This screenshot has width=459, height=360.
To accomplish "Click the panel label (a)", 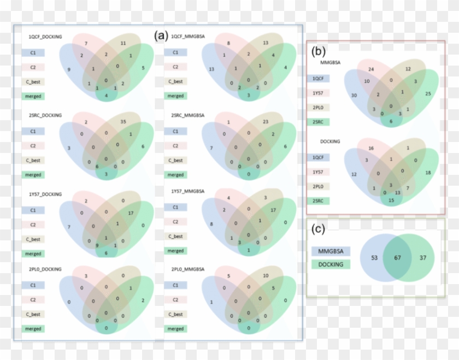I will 160,36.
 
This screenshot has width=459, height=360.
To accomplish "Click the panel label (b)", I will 319,51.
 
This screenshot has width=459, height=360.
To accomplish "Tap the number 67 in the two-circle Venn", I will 397,257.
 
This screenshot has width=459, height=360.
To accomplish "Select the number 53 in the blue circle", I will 374,257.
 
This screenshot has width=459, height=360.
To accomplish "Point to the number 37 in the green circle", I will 421,257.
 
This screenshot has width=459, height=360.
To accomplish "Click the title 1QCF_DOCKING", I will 45,37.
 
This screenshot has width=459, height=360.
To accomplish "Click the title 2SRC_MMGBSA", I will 186,116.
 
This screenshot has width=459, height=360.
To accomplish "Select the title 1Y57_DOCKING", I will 45,194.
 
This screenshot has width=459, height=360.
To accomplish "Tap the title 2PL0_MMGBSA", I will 186,270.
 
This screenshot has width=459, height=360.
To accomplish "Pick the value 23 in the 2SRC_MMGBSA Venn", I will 266,121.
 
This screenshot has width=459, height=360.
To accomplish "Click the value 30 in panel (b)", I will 354,96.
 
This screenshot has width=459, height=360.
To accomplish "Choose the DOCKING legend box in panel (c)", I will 331,264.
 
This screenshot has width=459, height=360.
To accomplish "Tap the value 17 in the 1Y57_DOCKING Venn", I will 131,213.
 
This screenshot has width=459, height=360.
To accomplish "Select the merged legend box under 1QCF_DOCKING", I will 33,96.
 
